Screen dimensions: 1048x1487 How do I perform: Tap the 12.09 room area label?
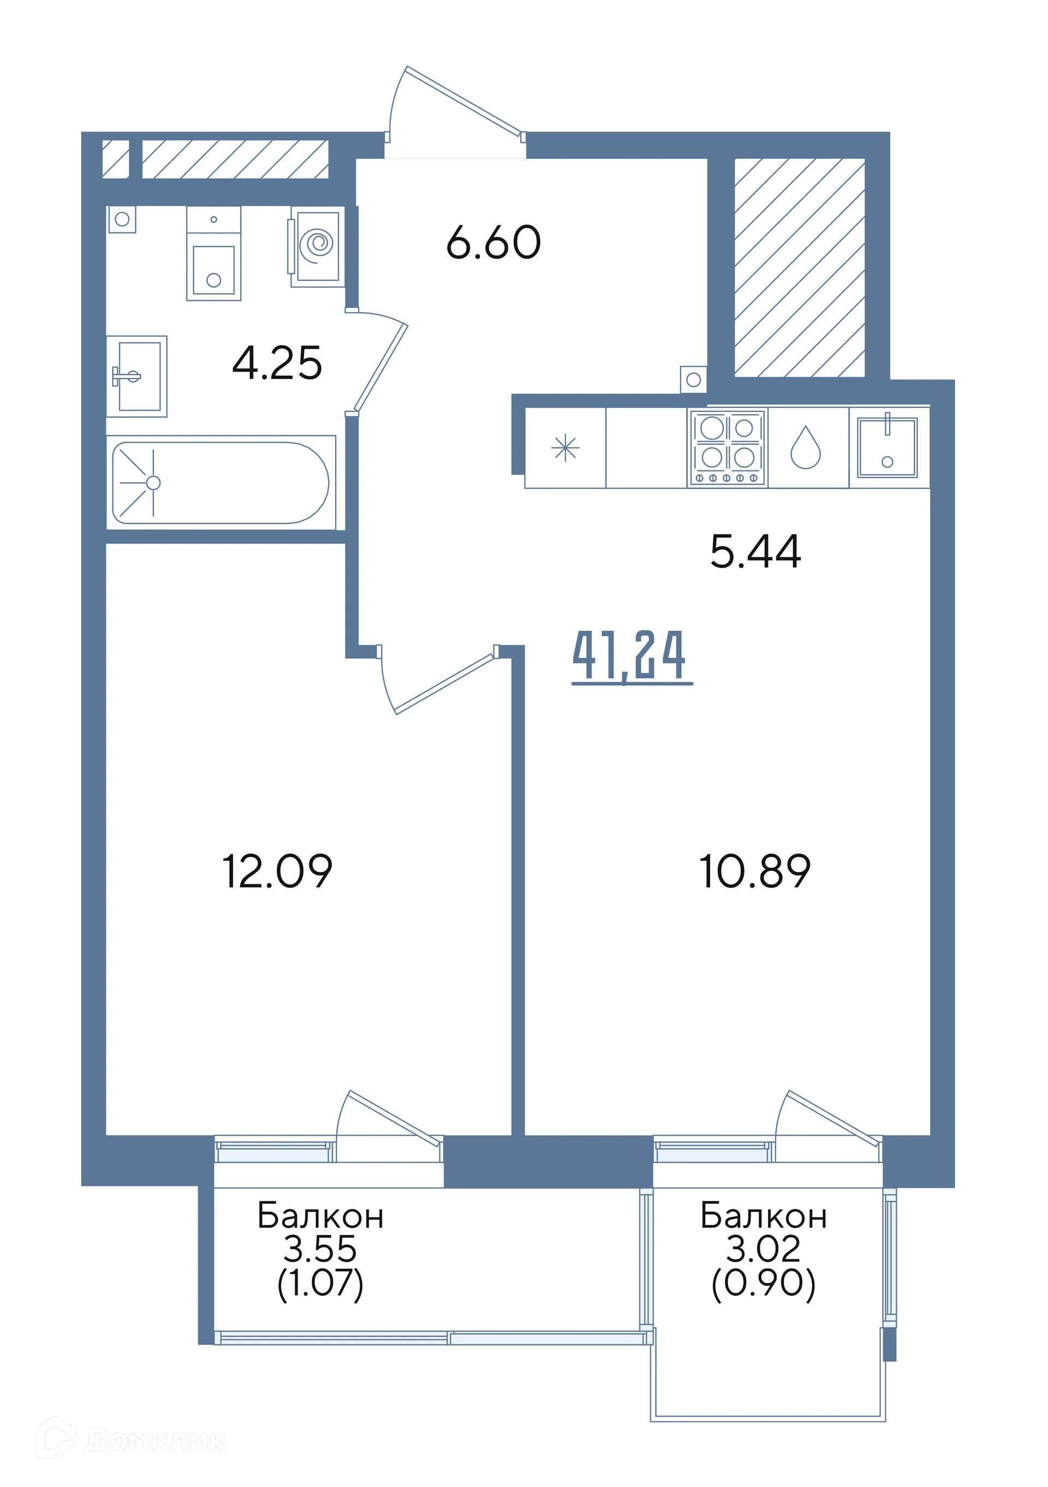point(277,870)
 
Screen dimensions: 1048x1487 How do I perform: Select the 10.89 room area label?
point(754,870)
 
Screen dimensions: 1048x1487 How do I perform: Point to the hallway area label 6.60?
point(493,242)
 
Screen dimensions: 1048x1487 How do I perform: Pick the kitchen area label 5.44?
point(755,551)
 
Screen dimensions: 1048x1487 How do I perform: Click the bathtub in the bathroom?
point(221,482)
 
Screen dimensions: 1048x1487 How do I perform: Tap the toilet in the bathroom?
point(214,253)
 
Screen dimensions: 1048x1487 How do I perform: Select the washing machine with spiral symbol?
point(315,246)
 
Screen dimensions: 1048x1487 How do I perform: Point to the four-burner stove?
point(728,447)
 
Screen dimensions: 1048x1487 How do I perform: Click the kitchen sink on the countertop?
point(888,447)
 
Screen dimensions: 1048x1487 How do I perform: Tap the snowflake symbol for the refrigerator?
point(565,447)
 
